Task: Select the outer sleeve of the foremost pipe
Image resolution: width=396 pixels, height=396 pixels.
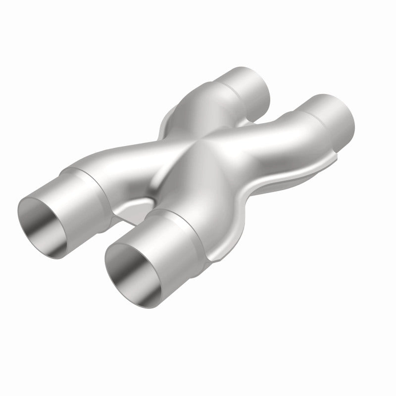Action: coord(163,233)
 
